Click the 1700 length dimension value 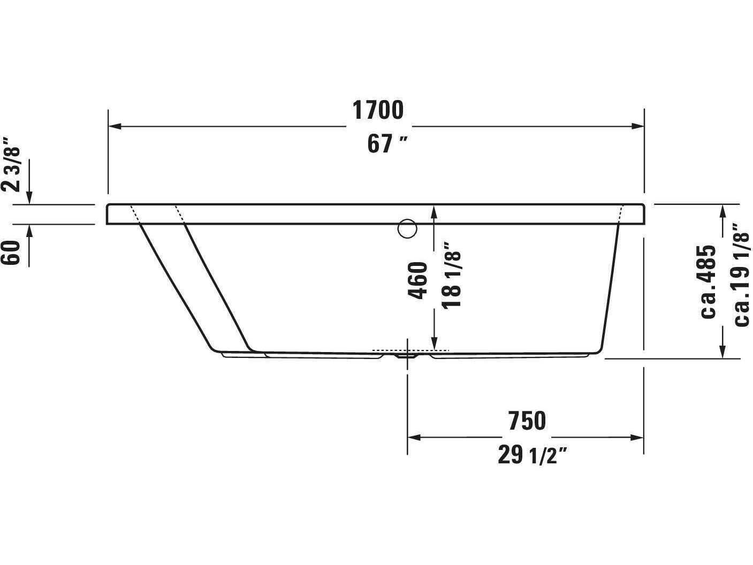pos(377,110)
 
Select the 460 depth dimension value pos(418,280)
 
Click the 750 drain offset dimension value pos(527,421)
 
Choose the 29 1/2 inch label pos(532,455)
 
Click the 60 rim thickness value pos(12,253)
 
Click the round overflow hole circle pos(407,229)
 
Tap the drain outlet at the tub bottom pos(407,354)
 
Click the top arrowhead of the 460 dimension pos(435,211)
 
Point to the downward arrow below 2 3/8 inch pos(29,198)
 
